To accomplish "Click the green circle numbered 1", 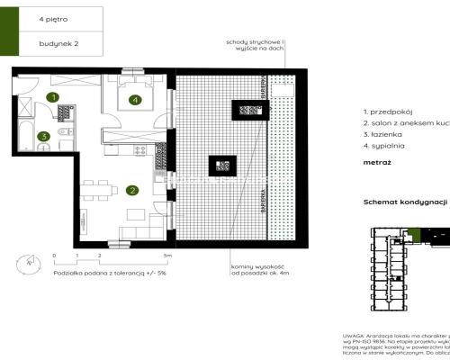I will [x=53, y=96].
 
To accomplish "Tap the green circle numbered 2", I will [x=132, y=190].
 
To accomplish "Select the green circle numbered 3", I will [x=43, y=137].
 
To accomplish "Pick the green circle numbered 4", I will [x=134, y=101].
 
